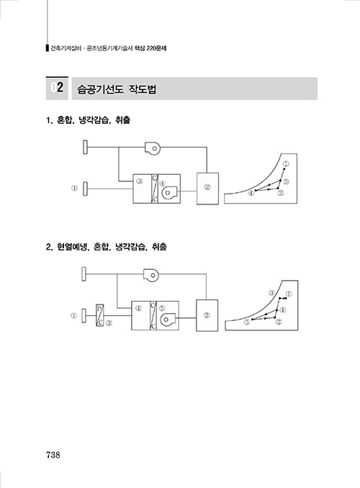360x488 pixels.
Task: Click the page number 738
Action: click(x=53, y=455)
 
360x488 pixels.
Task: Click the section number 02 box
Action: click(x=57, y=88)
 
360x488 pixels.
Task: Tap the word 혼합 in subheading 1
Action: click(x=65, y=120)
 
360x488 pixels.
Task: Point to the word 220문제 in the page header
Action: click(x=157, y=48)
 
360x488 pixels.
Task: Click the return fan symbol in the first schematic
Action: click(x=153, y=148)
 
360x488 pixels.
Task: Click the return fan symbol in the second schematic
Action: click(x=151, y=274)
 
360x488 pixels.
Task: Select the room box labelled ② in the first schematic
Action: click(x=207, y=189)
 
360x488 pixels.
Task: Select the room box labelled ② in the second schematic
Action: click(x=207, y=315)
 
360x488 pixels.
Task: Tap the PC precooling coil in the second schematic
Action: click(x=99, y=315)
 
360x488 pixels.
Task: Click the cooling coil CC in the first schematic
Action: click(x=155, y=189)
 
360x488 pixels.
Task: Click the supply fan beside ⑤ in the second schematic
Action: click(x=168, y=319)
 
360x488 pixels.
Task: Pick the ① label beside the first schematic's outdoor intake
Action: click(x=74, y=188)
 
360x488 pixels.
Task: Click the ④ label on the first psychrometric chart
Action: click(x=251, y=194)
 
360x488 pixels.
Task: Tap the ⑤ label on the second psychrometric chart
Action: click(x=247, y=322)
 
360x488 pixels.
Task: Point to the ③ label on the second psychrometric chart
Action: click(x=272, y=293)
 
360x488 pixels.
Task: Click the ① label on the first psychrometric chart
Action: click(x=286, y=163)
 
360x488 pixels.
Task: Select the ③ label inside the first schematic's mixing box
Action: click(x=140, y=181)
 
